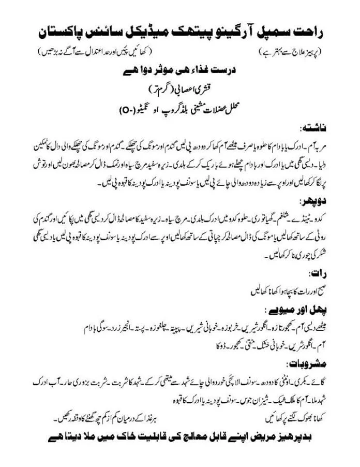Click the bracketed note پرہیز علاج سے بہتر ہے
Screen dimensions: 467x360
click(288, 52)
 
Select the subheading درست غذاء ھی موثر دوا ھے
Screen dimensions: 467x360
click(181, 73)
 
